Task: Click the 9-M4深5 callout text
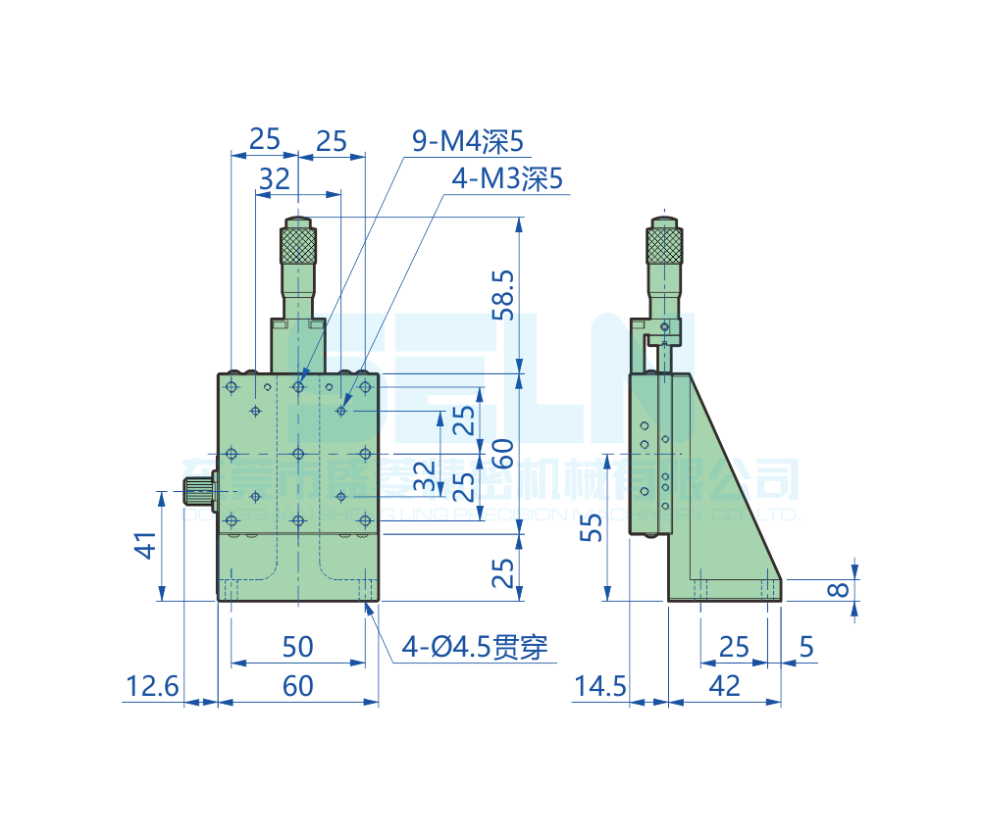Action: click(x=467, y=143)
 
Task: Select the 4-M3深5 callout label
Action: click(x=506, y=179)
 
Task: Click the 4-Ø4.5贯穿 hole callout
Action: click(x=475, y=647)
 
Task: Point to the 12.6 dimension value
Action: click(x=151, y=686)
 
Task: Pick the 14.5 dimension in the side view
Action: click(x=599, y=686)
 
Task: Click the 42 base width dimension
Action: click(x=724, y=686)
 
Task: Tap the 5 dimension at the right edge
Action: click(x=806, y=647)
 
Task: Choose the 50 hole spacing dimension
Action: click(x=297, y=647)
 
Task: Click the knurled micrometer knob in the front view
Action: click(x=298, y=244)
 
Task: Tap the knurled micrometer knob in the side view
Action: click(x=664, y=245)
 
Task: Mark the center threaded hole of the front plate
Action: click(x=298, y=453)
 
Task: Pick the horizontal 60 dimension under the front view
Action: click(x=297, y=686)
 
